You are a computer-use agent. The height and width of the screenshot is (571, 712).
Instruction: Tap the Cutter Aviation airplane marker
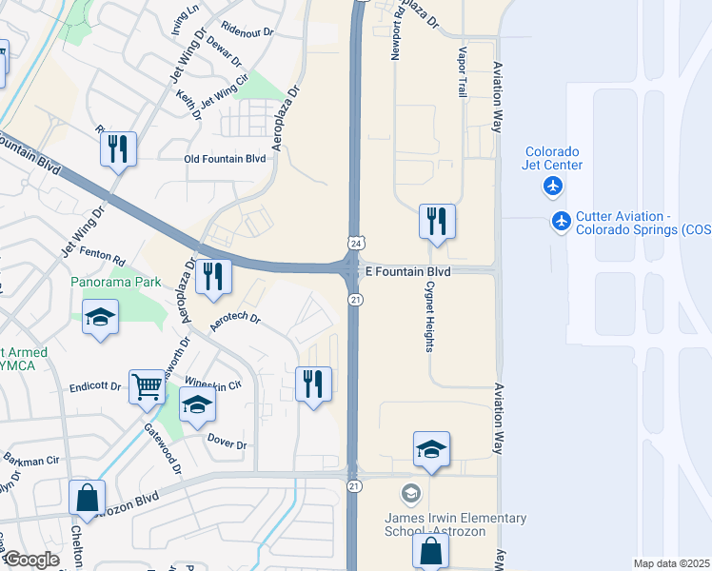562,222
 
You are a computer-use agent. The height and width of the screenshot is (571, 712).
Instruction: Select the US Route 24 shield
354,243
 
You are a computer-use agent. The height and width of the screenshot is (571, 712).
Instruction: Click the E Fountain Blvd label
406,271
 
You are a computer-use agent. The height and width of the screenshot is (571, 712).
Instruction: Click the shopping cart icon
147,386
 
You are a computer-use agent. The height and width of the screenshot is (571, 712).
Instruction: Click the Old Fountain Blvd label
225,159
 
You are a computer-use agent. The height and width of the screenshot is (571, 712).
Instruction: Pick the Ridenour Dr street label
247,30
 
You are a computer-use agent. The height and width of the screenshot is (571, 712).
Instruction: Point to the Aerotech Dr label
234,323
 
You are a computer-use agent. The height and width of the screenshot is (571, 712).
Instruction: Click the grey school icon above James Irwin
410,493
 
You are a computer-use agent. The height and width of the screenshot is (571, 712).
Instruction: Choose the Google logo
30,560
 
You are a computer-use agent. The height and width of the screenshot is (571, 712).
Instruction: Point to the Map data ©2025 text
671,563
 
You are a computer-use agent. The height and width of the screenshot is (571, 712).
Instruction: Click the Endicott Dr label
95,387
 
